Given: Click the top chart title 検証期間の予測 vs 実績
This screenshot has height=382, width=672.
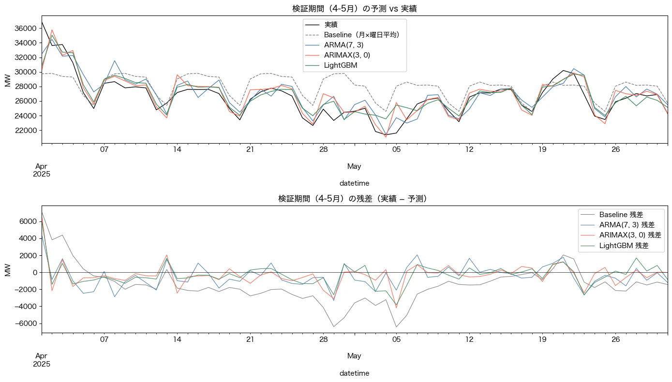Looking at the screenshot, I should pyautogui.click(x=355, y=8).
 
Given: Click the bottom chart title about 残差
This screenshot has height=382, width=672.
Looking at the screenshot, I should pyautogui.click(x=355, y=199).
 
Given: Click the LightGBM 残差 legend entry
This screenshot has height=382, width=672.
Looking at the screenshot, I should pyautogui.click(x=624, y=246).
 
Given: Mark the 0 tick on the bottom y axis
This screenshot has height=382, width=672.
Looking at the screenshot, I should pyautogui.click(x=34, y=272).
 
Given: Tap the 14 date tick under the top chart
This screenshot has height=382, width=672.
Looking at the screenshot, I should pyautogui.click(x=177, y=149).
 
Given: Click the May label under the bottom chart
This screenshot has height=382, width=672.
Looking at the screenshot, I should pyautogui.click(x=354, y=356).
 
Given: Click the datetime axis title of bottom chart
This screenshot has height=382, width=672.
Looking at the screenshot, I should pyautogui.click(x=355, y=373).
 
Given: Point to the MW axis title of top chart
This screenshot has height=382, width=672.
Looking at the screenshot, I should pyautogui.click(x=8, y=80).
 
